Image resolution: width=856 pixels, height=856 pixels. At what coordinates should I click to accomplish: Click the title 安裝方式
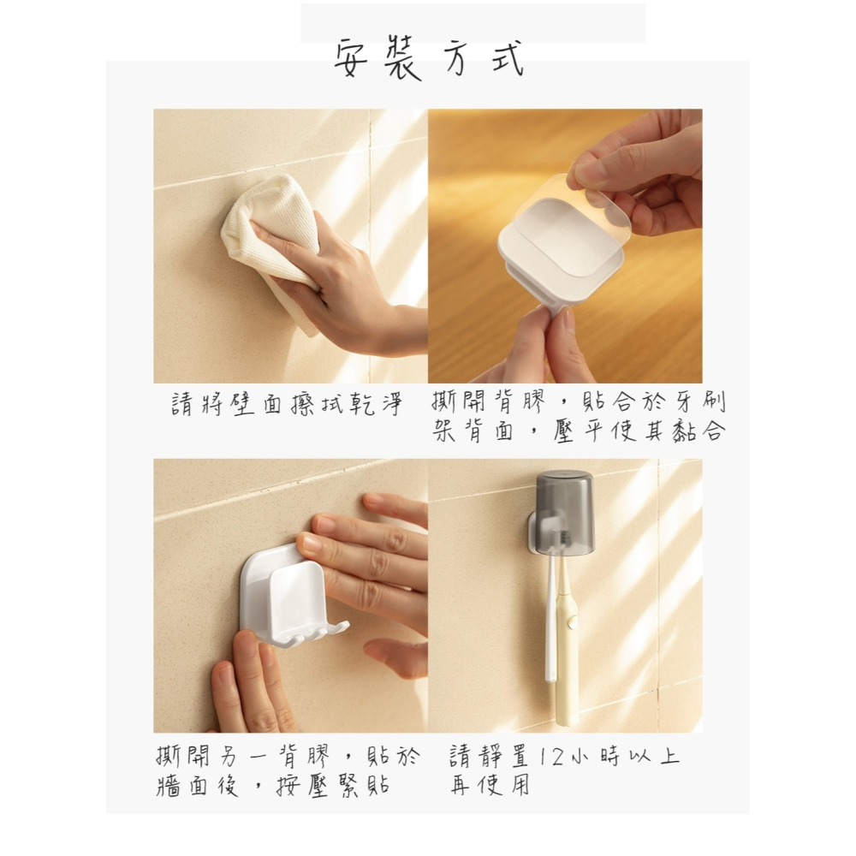tap(430, 59)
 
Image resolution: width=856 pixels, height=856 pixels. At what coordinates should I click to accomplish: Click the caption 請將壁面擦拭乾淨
tap(287, 404)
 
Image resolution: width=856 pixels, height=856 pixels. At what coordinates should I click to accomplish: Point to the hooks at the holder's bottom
tap(303, 633)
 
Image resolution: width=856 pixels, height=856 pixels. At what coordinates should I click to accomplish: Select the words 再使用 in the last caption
tap(490, 786)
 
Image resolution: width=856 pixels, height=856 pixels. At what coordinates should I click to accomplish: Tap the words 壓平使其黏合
tap(639, 431)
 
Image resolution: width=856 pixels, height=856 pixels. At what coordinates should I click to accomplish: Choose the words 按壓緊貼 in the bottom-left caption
tap(334, 786)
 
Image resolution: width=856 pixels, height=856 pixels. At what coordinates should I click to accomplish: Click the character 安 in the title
tap(351, 59)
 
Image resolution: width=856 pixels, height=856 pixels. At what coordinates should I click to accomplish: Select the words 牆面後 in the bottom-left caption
tap(198, 786)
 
